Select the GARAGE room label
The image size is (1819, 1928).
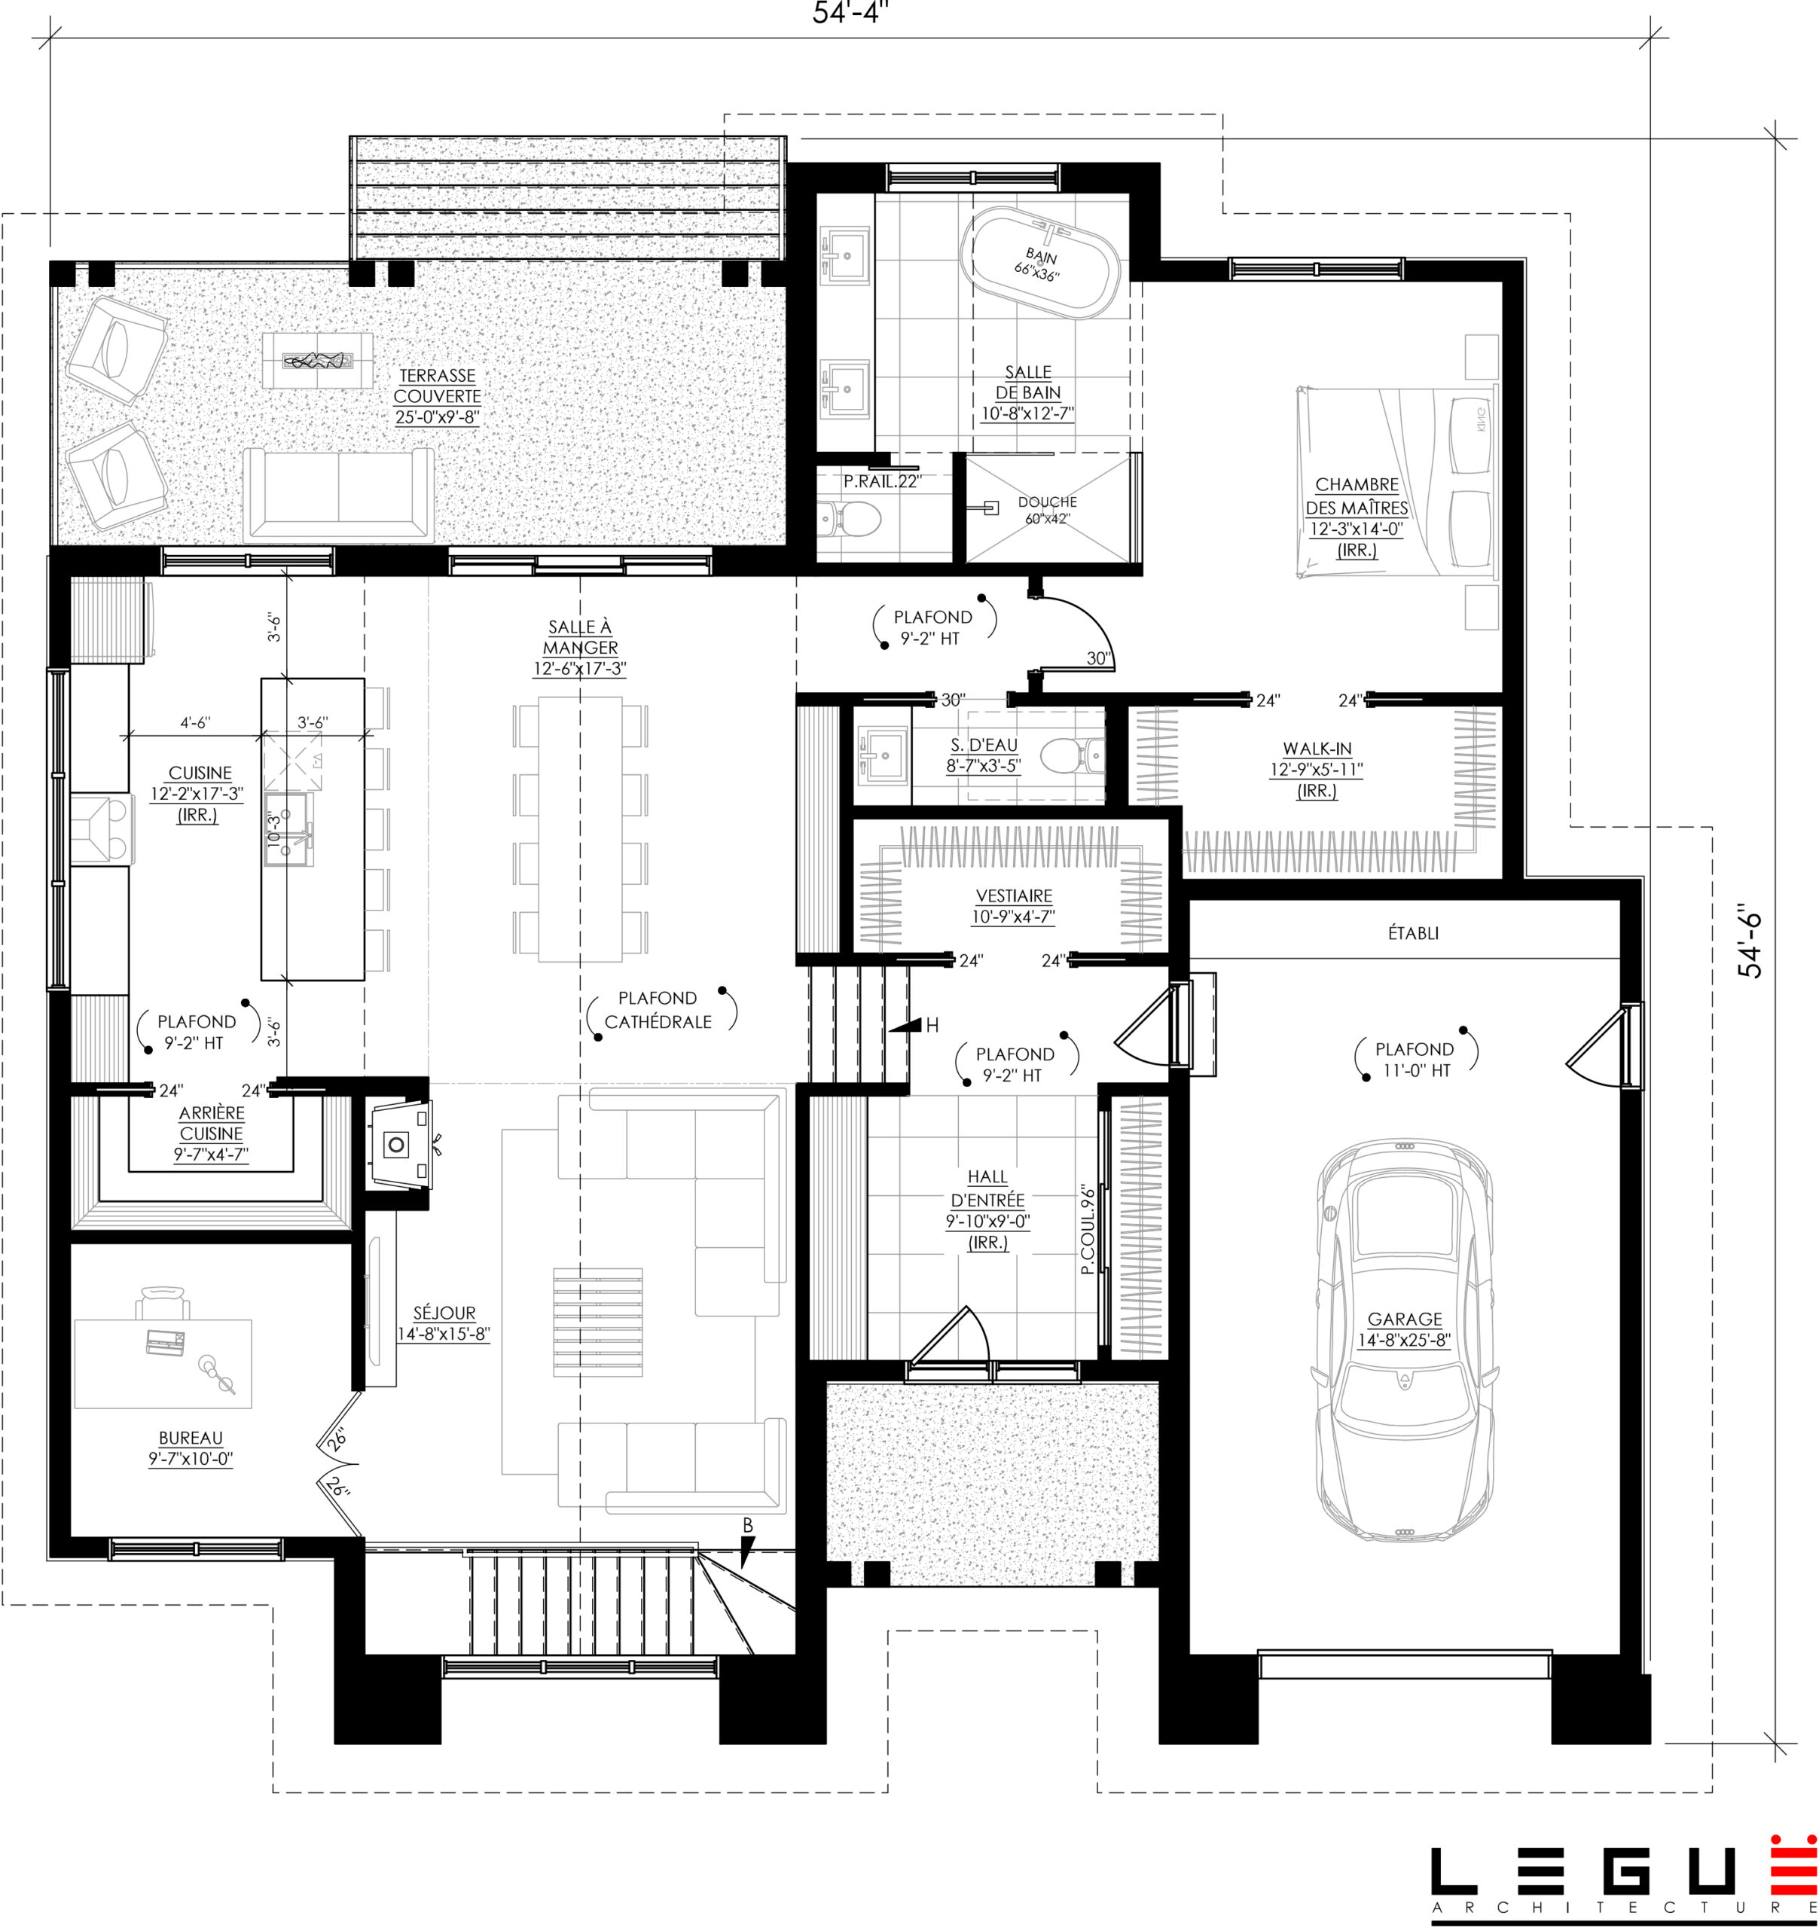[1404, 1329]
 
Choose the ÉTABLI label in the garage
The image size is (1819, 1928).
[1414, 933]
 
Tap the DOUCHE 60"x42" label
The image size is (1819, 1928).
[1047, 510]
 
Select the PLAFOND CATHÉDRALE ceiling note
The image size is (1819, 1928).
[658, 1010]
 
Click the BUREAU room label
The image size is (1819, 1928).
[191, 1448]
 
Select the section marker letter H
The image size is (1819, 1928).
[932, 1025]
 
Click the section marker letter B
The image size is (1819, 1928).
[747, 1526]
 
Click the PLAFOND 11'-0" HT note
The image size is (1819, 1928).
[1415, 1059]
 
